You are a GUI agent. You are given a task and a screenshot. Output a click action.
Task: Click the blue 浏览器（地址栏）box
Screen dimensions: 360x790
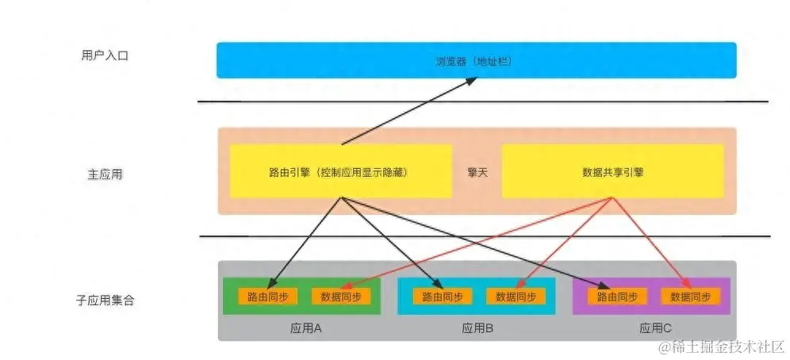point(476,60)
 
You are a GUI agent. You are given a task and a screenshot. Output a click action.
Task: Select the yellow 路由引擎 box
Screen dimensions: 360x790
point(340,171)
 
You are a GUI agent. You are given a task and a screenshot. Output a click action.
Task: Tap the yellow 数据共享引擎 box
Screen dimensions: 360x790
point(612,171)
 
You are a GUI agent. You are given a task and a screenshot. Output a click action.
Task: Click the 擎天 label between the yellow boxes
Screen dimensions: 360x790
point(477,171)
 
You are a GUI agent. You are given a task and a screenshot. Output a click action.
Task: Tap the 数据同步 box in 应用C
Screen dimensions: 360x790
point(690,297)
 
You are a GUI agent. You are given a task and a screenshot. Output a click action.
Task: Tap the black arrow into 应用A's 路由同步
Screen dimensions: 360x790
point(305,242)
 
